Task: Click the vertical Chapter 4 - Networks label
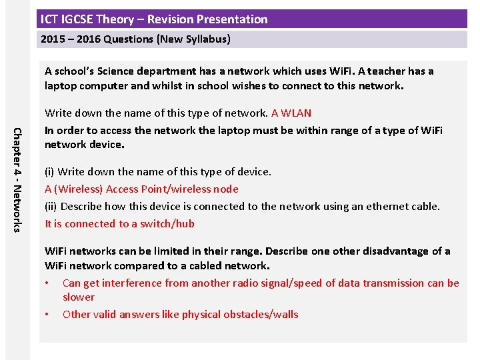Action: pyautogui.click(x=18, y=179)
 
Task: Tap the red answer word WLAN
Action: pyautogui.click(x=297, y=113)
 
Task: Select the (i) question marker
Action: pyautogui.click(x=50, y=172)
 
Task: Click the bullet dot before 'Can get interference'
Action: pyautogui.click(x=47, y=283)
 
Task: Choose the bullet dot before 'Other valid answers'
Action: pyautogui.click(x=47, y=315)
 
